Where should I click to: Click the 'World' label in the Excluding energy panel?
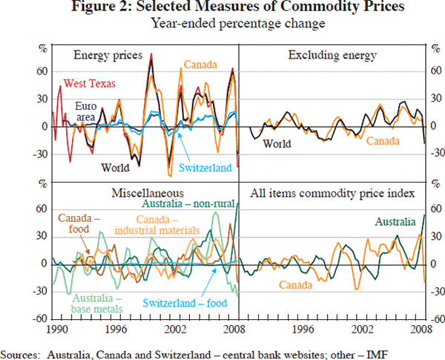(x=277, y=143)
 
